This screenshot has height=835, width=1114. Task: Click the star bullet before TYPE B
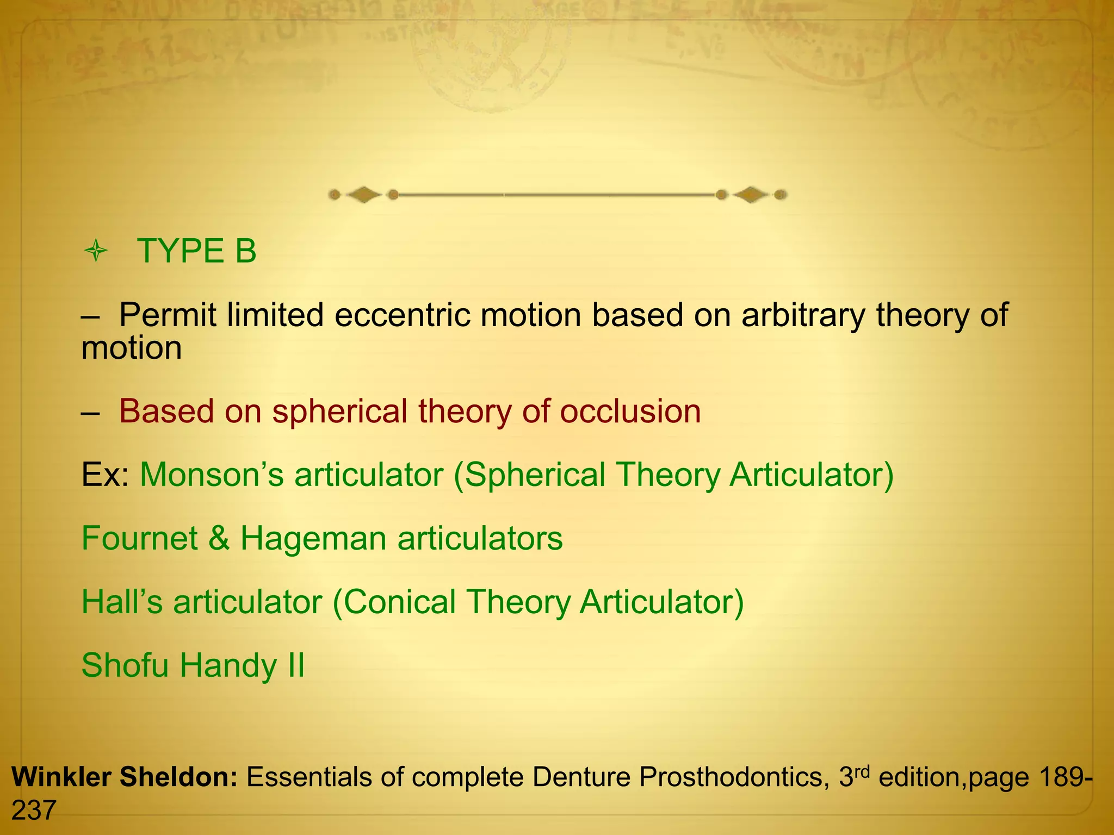point(96,252)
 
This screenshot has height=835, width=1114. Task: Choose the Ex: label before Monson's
point(105,475)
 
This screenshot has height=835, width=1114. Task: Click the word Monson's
point(212,475)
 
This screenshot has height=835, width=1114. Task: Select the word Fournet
point(139,538)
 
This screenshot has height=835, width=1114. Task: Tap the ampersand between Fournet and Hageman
point(219,538)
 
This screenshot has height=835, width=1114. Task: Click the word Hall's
point(122,602)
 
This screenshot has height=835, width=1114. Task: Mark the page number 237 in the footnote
point(34,811)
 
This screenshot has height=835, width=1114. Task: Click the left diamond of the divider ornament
point(364,195)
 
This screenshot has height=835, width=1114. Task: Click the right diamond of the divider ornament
point(751,195)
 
